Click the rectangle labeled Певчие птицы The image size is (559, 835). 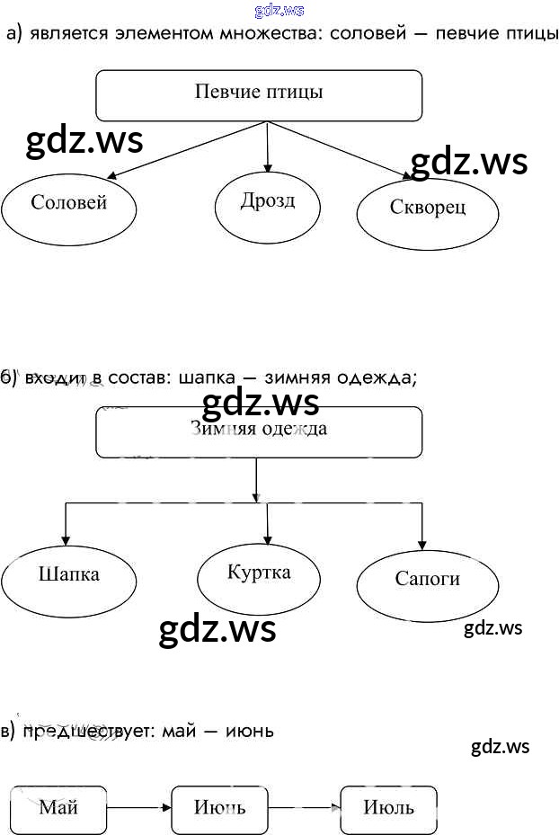[x=259, y=94]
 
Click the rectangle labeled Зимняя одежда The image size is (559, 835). [x=259, y=431]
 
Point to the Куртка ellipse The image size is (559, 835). [x=259, y=575]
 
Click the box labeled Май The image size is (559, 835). [x=58, y=808]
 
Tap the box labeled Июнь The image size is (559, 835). [x=219, y=808]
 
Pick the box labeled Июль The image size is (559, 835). [x=389, y=808]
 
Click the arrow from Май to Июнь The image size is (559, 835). [x=138, y=808]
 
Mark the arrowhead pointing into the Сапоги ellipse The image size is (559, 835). [x=422, y=543]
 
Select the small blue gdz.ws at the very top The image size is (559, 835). [x=279, y=10]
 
